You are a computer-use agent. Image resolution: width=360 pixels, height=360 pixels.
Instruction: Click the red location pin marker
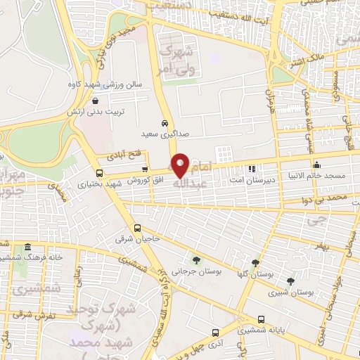click(181, 165)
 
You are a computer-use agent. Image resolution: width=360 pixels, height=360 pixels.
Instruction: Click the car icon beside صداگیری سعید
click(165, 122)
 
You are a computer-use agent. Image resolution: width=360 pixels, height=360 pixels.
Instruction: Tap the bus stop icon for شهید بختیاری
click(98, 173)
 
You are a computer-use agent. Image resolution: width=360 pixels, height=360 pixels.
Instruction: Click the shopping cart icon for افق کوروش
click(145, 169)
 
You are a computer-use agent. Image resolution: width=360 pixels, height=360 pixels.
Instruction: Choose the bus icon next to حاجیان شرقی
click(138, 228)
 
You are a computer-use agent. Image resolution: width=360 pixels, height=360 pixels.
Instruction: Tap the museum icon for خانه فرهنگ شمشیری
click(27, 247)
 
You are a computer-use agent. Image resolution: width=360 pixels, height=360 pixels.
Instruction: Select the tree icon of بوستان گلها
click(264, 262)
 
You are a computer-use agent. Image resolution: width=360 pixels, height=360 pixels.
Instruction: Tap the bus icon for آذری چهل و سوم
click(214, 333)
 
